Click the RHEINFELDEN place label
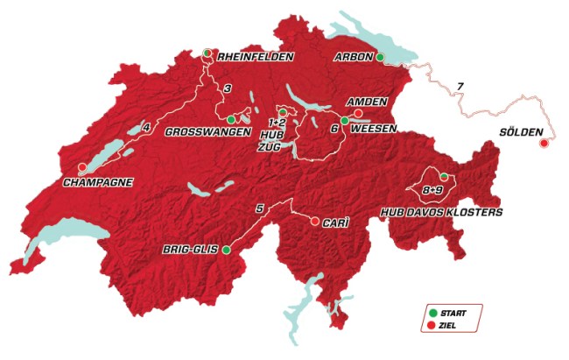(x=254, y=57)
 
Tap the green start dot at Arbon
(x=380, y=57)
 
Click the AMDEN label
(x=368, y=102)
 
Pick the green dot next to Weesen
(x=345, y=121)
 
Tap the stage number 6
(x=334, y=129)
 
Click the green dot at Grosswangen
(x=230, y=119)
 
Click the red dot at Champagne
(x=82, y=167)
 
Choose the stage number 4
(x=145, y=129)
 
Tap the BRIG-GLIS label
(x=190, y=250)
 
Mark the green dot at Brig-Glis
(x=226, y=250)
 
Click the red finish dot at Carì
(x=315, y=222)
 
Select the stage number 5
(x=258, y=208)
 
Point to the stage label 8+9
(x=431, y=189)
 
